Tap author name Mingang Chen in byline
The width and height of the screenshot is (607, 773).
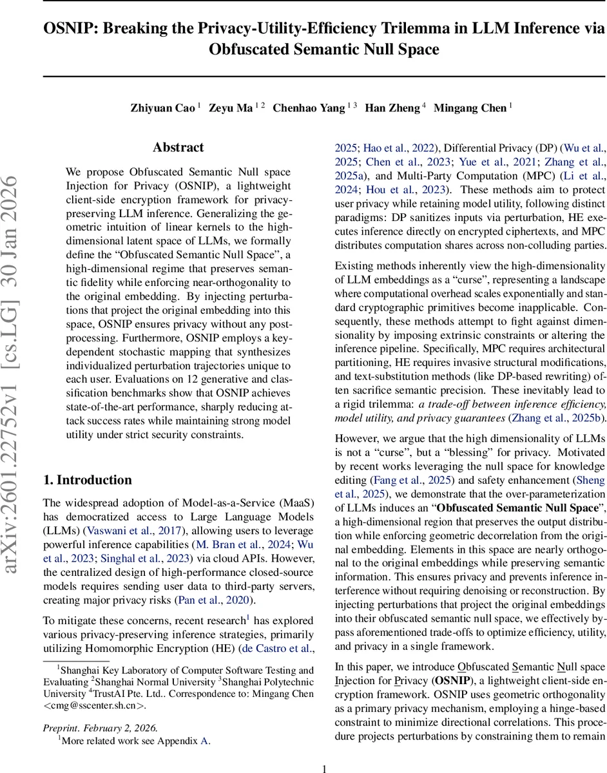tap(470, 108)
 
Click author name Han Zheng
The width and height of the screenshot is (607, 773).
tap(392, 108)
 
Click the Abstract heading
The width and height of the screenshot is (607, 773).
tap(178, 148)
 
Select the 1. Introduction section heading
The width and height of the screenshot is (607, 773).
tap(87, 480)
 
